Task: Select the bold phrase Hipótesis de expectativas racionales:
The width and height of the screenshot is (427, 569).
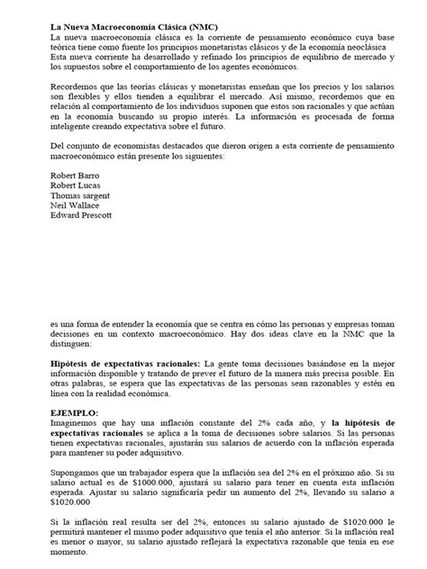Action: click(125, 360)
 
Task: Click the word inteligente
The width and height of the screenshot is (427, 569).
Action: click(73, 126)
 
